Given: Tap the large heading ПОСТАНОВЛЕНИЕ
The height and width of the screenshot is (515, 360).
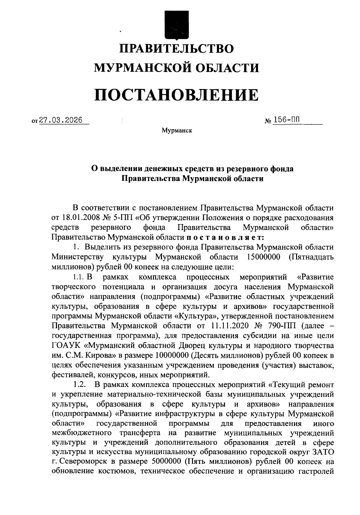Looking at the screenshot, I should (x=176, y=94).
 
